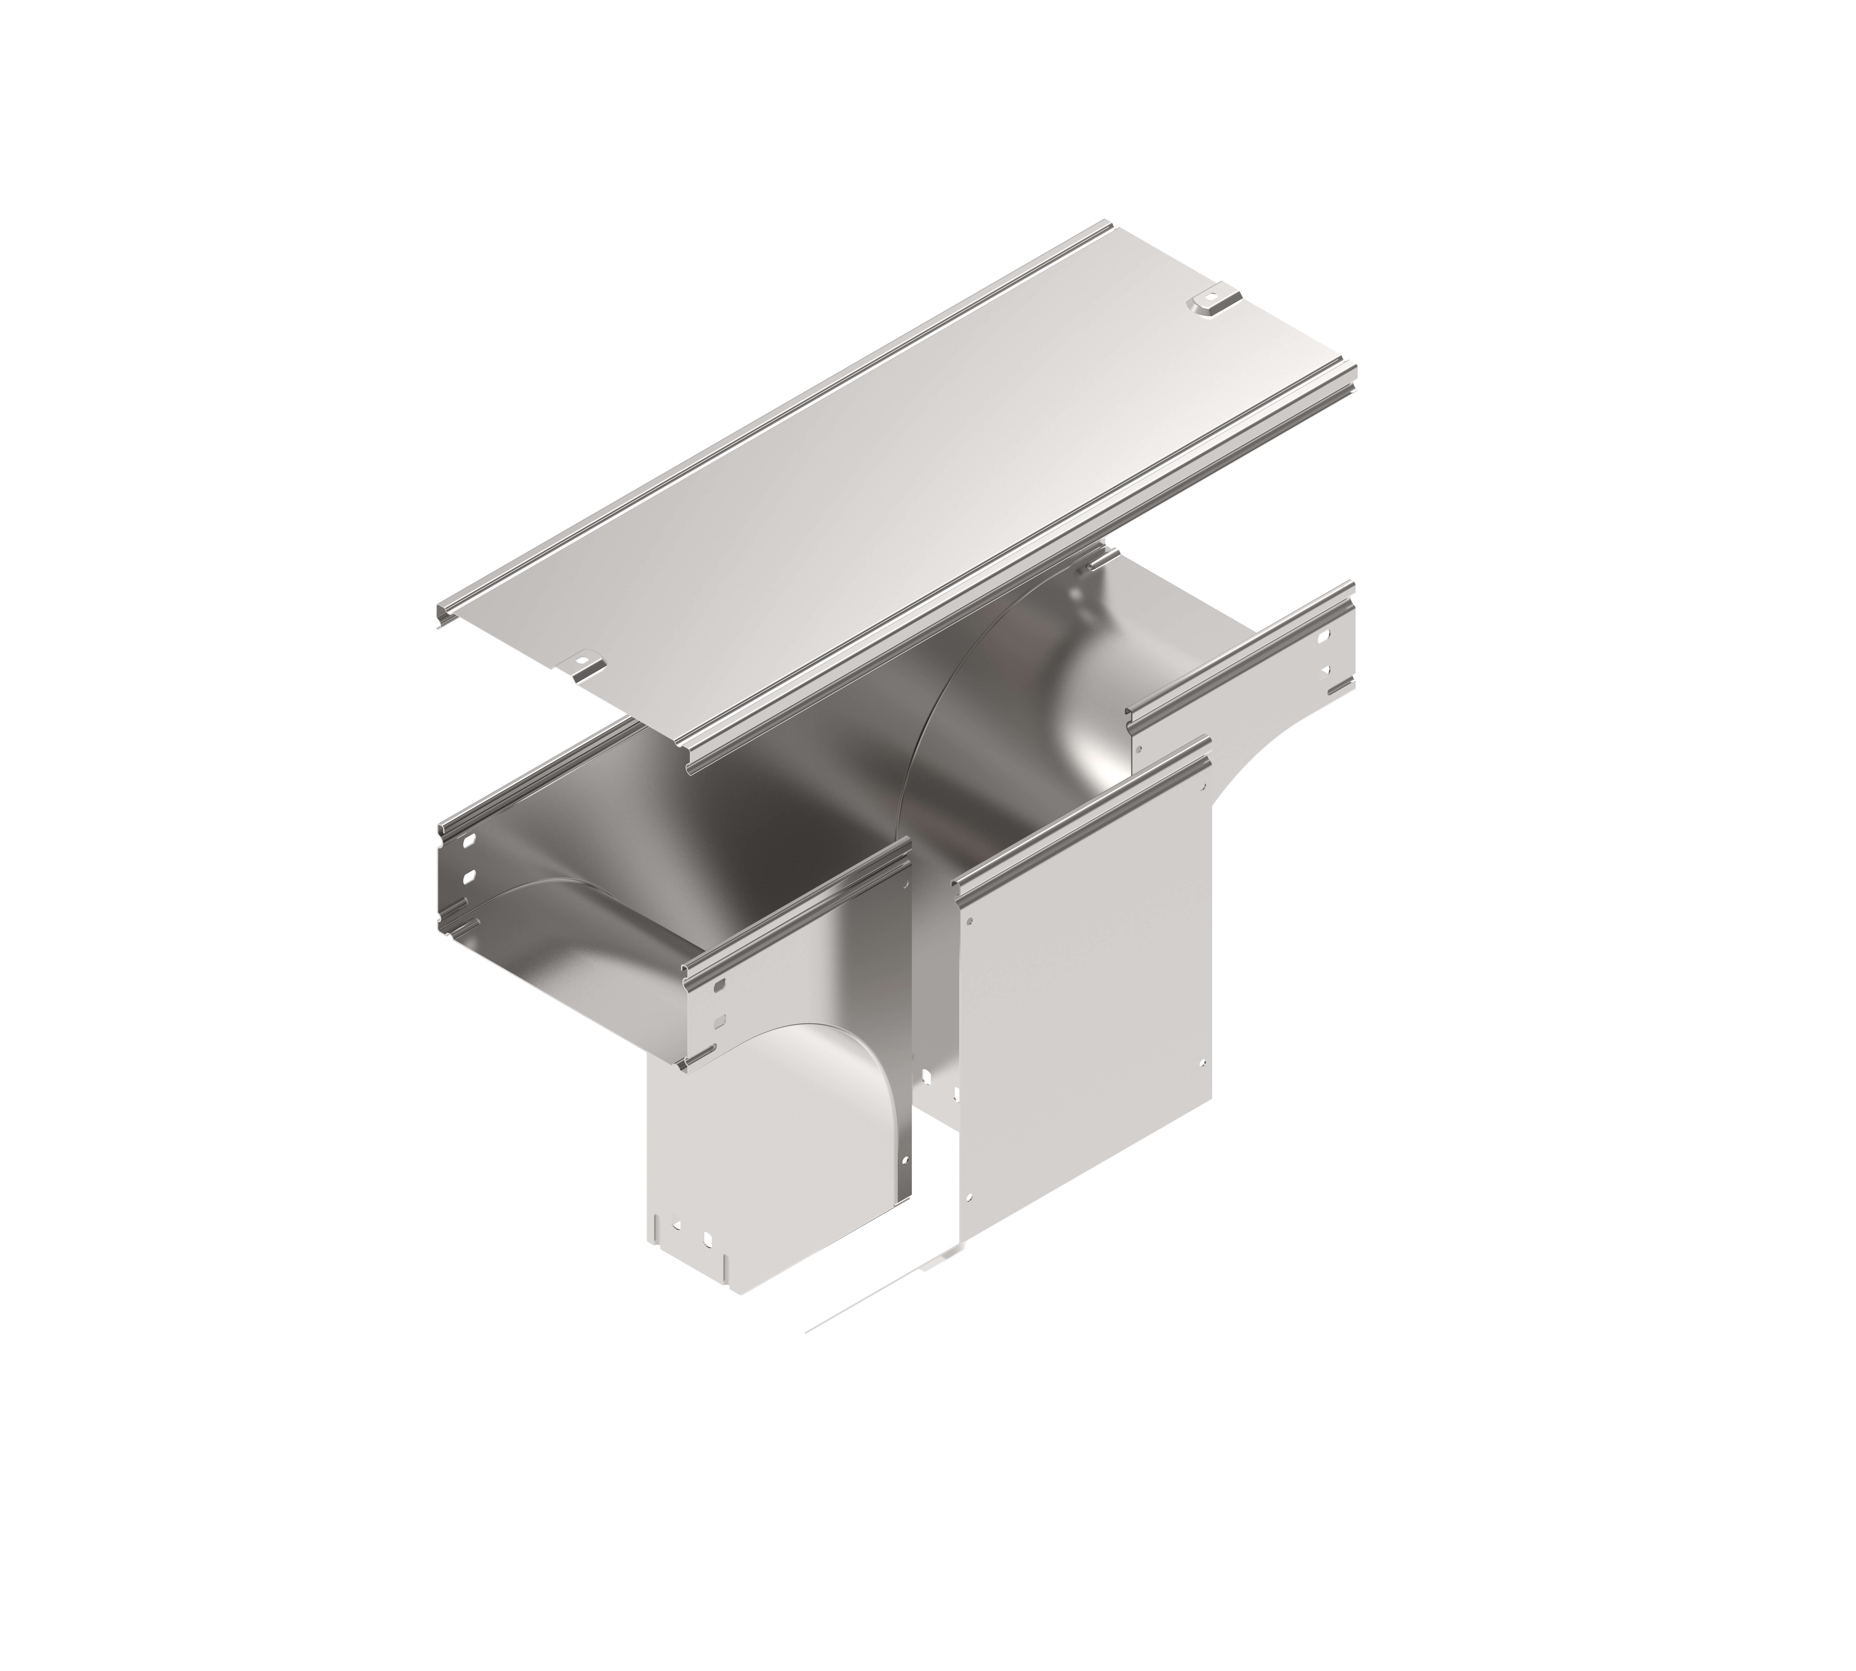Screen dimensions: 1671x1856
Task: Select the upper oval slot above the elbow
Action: coord(719,985)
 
